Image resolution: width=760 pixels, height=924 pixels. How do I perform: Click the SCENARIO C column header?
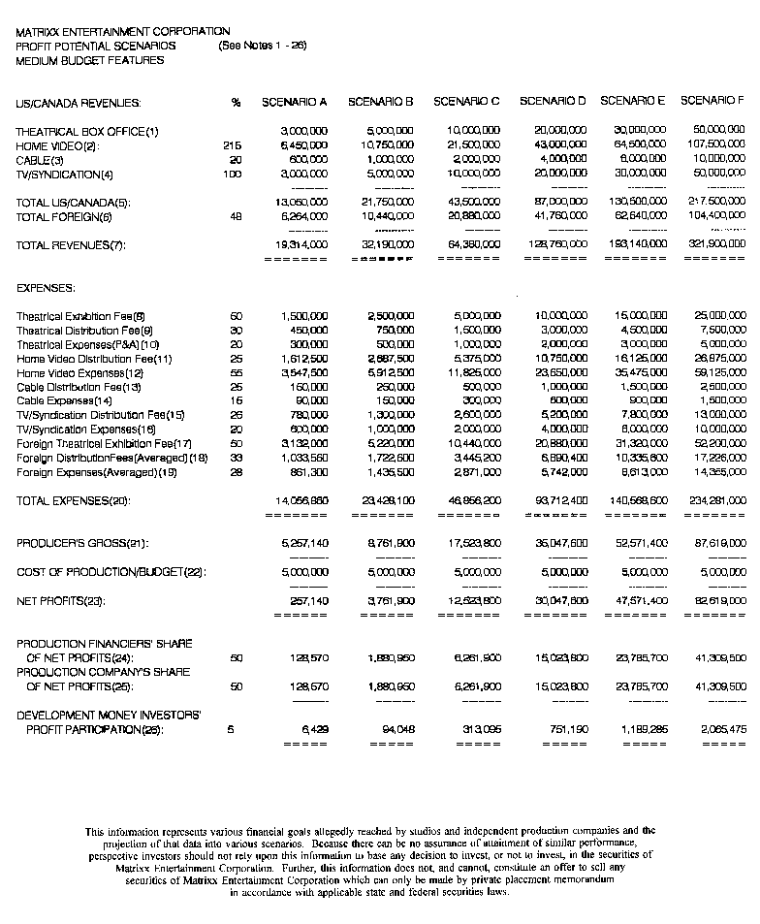coord(466,102)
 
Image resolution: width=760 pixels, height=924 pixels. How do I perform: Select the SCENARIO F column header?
coord(712,101)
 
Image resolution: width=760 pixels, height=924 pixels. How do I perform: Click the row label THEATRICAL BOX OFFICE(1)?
coord(86,131)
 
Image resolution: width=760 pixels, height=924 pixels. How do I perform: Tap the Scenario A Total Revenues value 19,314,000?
coord(303,245)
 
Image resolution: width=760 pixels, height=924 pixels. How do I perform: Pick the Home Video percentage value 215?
coord(232,145)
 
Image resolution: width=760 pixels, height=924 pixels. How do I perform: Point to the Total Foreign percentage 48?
coord(235,217)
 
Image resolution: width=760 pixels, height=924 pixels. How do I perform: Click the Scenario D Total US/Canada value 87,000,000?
coord(561,203)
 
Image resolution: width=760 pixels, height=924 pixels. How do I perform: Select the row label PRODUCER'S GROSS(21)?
coord(82,544)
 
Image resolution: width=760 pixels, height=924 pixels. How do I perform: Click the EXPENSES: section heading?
coord(46,289)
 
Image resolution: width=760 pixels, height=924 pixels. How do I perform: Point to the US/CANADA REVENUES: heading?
coord(78,103)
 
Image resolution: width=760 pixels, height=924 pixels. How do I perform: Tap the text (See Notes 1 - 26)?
coord(263,46)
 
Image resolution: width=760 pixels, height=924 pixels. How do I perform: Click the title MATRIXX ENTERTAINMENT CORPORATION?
coord(123,32)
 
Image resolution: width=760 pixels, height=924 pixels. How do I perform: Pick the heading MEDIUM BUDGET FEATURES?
coord(90,60)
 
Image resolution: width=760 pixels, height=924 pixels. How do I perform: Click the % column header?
coord(236,102)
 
